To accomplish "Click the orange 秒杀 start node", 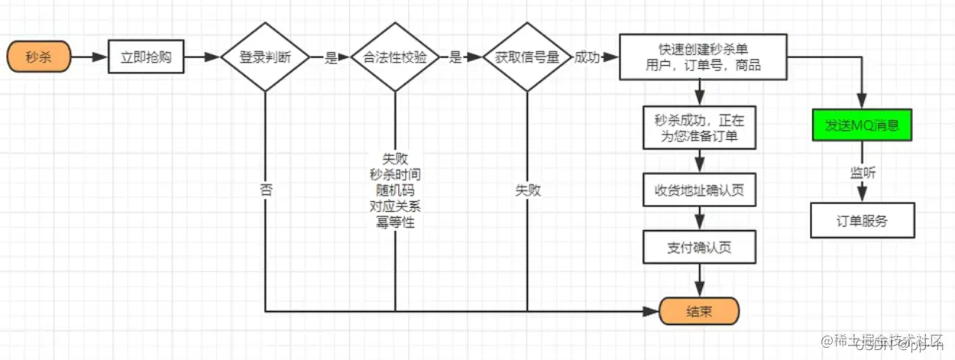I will (x=39, y=57).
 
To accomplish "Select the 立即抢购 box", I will (x=145, y=57).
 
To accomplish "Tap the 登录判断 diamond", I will (x=264, y=57).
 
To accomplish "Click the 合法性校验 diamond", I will (x=395, y=57).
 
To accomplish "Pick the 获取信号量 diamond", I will (x=527, y=57).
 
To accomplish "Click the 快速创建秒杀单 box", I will (x=702, y=57).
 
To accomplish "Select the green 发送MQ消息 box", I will (x=862, y=125).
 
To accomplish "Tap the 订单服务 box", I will (x=862, y=222).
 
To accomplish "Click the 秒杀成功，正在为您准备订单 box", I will (x=699, y=128).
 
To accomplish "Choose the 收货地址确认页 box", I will (x=699, y=190).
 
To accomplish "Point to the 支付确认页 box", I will (x=699, y=248).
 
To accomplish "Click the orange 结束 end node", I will (x=699, y=311).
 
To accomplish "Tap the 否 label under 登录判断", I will (x=265, y=190).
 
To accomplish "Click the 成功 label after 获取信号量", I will (x=587, y=57).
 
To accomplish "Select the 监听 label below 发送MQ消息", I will (x=863, y=174).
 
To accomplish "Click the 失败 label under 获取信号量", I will (x=527, y=190).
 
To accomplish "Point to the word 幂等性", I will (x=395, y=222).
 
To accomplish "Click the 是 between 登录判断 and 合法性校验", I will (x=330, y=58).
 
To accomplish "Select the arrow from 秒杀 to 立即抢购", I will (x=90, y=57).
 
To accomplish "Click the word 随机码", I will (x=395, y=190).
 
